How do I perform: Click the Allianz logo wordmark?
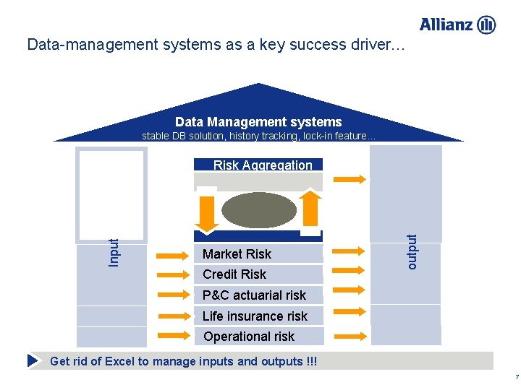pos(447,25)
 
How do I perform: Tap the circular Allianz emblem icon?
pos(487,25)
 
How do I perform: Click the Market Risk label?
pos(237,253)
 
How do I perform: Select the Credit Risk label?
pos(234,274)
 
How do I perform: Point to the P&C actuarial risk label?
pos(254,295)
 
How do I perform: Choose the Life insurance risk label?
pos(255,316)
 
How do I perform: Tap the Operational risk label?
pos(249,336)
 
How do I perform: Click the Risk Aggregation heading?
pos(263,165)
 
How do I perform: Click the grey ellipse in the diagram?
pos(258,210)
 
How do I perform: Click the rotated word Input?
pos(114,252)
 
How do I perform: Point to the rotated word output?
pos(412,251)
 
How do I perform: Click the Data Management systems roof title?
pos(258,122)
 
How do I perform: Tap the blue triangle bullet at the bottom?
pos(33,360)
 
